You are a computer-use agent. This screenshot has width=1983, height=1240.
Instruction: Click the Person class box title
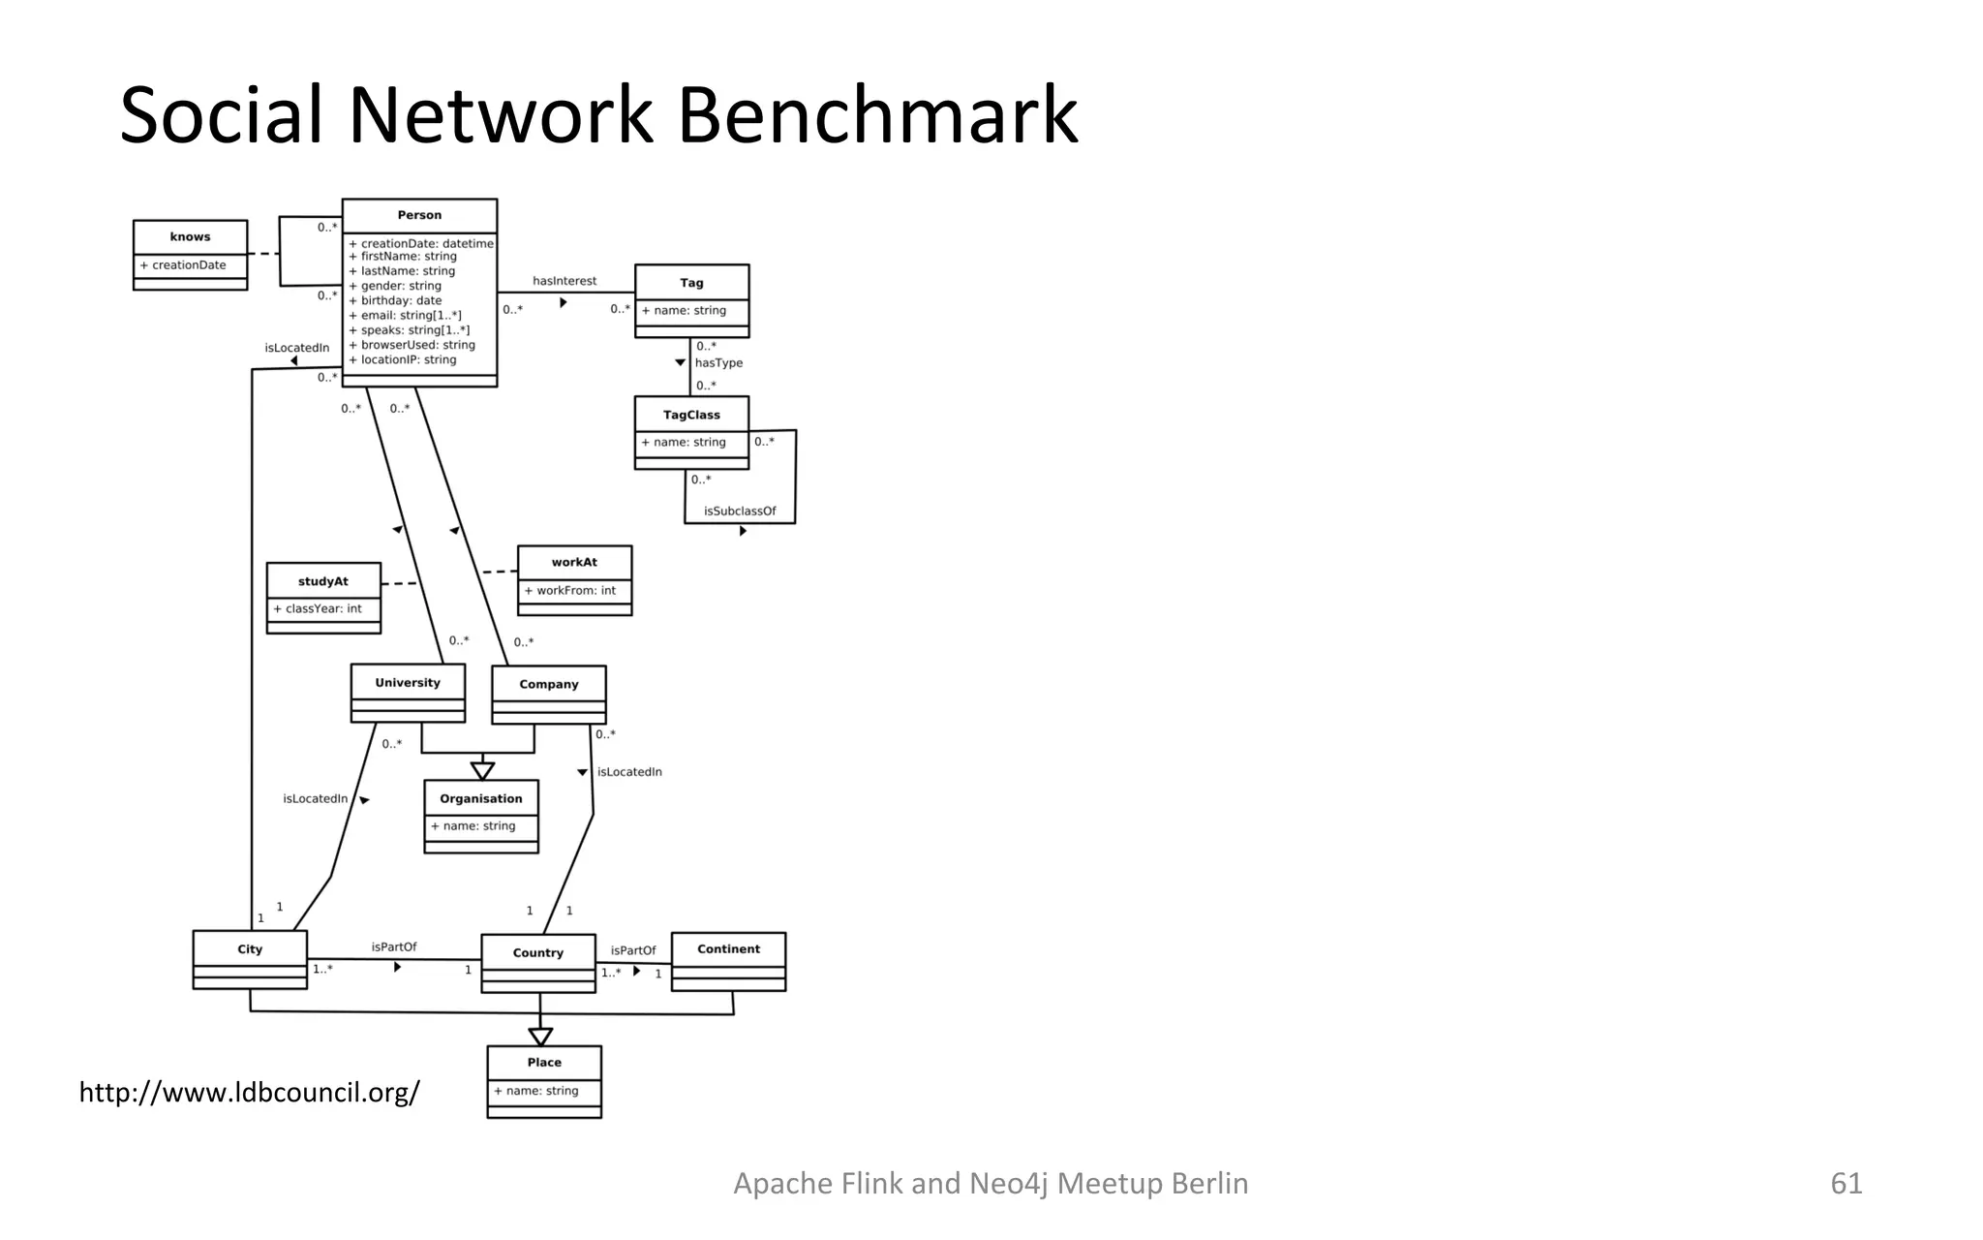coord(419,215)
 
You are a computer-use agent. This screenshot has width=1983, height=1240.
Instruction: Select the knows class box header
coord(190,236)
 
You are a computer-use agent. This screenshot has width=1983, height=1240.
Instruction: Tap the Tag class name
coord(691,283)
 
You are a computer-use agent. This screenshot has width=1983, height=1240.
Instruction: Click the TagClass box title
coord(691,415)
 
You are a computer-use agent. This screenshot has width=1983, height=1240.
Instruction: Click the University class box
coord(408,683)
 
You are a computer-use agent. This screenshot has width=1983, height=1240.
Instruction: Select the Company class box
coord(548,685)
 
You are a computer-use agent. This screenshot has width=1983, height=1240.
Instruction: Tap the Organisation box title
coord(480,799)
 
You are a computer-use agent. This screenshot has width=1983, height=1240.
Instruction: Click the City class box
coord(250,950)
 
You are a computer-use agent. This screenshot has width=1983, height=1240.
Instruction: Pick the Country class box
coord(537,953)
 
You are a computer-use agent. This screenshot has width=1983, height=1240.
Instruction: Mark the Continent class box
coord(728,949)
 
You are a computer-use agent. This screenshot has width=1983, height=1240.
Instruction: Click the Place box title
coord(544,1063)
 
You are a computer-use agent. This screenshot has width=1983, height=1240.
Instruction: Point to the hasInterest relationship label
coord(564,281)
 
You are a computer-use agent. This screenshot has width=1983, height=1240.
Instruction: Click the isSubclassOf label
coord(740,511)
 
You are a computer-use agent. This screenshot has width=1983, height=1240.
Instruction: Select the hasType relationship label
coord(718,363)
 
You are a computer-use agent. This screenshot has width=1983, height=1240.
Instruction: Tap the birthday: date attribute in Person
coord(401,300)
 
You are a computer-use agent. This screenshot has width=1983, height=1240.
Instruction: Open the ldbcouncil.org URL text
coord(249,1093)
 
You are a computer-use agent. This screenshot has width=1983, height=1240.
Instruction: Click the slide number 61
coord(1846,1183)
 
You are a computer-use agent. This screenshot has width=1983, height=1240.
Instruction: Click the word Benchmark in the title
coord(876,116)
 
